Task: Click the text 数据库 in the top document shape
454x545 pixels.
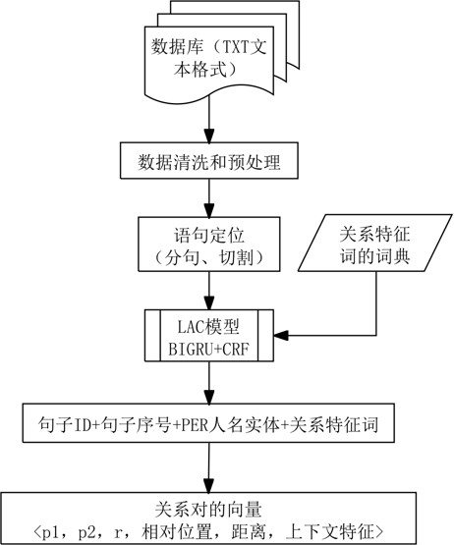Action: [x=177, y=46]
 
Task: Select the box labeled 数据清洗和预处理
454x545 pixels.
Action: [x=209, y=161]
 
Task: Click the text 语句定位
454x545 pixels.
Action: [x=209, y=235]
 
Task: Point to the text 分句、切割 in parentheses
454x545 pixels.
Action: [x=209, y=257]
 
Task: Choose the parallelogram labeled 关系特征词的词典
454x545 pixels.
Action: [x=375, y=243]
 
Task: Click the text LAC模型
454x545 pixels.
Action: [x=208, y=327]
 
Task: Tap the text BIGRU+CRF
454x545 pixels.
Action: [x=208, y=349]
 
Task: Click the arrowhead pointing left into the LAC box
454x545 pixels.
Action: [x=281, y=336]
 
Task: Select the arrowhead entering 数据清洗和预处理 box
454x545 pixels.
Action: [x=209, y=136]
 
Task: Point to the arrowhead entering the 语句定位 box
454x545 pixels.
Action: [x=209, y=210]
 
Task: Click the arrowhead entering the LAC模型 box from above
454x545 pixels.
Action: [x=209, y=302]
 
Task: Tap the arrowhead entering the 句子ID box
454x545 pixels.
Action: [x=209, y=397]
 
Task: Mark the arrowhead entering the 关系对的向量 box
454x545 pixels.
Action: [x=209, y=485]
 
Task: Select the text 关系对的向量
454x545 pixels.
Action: [x=208, y=510]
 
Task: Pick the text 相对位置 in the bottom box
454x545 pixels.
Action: [x=177, y=532]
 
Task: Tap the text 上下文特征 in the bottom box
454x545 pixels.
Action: [x=329, y=532]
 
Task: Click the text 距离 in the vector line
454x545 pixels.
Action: [x=249, y=532]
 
